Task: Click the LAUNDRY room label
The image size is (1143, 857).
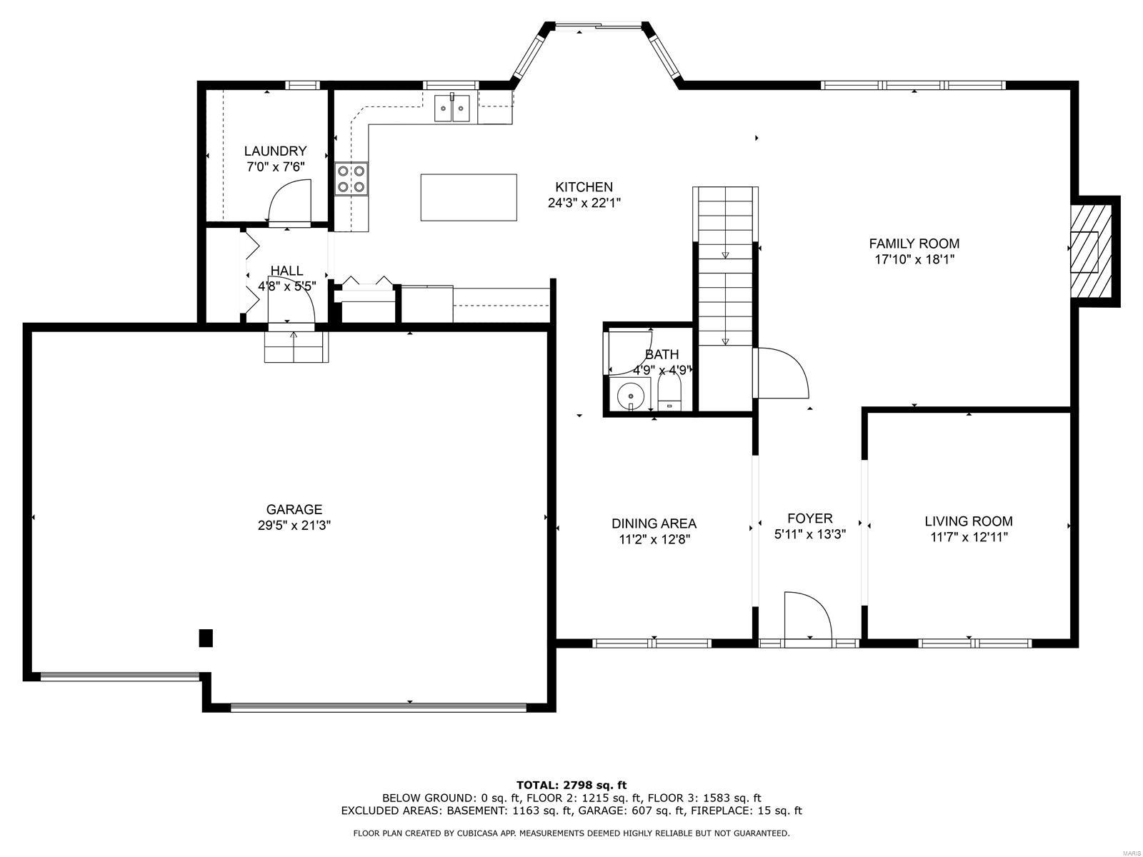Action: tap(275, 151)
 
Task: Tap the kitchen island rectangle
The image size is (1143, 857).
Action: tap(469, 198)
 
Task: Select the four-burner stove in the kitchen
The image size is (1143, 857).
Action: tap(351, 179)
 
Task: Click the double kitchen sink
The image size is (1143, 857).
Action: tap(452, 109)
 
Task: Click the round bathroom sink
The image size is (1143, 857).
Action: tap(630, 394)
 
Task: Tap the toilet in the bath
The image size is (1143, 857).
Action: tap(669, 395)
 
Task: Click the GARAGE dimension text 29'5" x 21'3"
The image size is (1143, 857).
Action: tap(294, 525)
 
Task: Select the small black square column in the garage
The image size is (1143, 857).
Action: tap(206, 638)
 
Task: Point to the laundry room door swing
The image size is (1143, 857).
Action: tap(289, 201)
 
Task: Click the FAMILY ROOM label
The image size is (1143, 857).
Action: tap(914, 244)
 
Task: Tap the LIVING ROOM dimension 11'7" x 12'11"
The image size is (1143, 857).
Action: tap(968, 538)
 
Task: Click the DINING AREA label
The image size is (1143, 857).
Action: tap(654, 523)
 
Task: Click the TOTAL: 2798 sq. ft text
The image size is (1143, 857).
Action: tap(571, 785)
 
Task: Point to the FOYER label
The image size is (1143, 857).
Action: tap(809, 518)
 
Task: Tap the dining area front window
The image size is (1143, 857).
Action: tap(652, 643)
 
